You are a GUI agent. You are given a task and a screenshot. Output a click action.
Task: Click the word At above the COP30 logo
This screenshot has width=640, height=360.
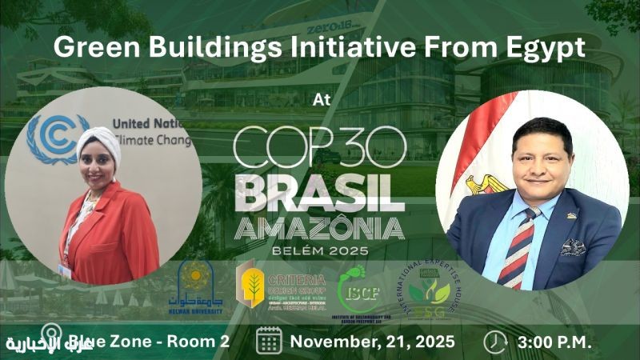point(320,102)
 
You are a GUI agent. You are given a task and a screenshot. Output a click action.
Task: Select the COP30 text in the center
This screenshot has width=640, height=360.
point(320,149)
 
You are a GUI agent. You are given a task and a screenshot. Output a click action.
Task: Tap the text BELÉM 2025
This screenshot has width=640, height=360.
point(320,252)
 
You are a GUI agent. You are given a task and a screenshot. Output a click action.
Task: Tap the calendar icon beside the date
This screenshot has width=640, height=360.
point(269,341)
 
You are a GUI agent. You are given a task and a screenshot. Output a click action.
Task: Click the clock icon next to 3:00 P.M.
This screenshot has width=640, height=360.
point(496,341)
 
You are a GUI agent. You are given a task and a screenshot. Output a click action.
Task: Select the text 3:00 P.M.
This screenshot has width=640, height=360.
point(555,342)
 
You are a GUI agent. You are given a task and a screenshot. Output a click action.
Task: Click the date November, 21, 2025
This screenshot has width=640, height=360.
point(373,342)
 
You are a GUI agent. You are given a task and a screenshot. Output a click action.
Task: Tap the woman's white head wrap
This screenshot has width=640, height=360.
point(98,143)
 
